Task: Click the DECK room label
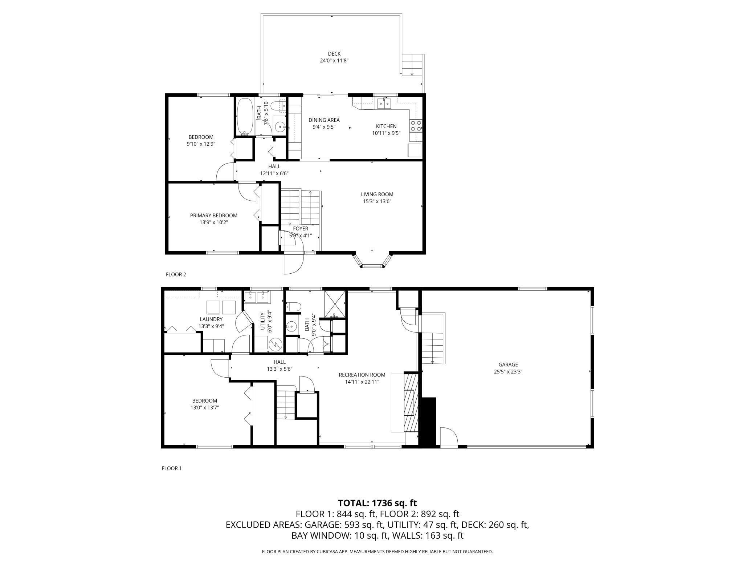[334, 54]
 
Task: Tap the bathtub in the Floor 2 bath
[245, 116]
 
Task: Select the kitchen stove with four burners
[416, 125]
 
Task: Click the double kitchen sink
[384, 104]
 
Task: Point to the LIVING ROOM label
[377, 194]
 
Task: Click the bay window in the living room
[372, 261]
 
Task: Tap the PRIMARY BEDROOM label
[214, 216]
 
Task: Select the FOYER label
[301, 229]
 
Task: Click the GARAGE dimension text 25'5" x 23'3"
[508, 371]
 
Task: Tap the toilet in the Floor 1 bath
[293, 307]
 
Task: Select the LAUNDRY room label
[211, 319]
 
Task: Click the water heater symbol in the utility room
[275, 343]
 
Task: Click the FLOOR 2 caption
[176, 274]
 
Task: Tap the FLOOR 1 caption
[171, 469]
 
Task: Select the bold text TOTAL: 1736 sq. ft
[377, 503]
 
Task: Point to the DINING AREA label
[324, 120]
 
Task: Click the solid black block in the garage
[428, 422]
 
